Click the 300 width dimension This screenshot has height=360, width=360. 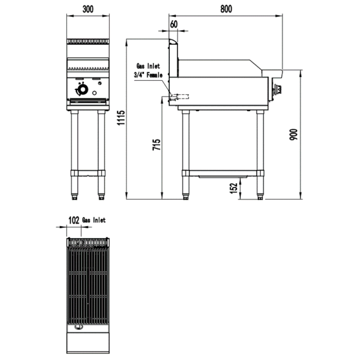point(88,9)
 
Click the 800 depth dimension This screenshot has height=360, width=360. point(226,9)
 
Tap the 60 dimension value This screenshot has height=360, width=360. point(174,24)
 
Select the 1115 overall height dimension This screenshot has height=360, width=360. point(121,118)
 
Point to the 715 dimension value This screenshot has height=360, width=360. point(156,145)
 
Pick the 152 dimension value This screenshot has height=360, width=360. point(234,188)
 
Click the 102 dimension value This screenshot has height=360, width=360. point(74,220)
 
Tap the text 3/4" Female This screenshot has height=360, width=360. point(148,75)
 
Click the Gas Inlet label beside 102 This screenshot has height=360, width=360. point(94,220)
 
